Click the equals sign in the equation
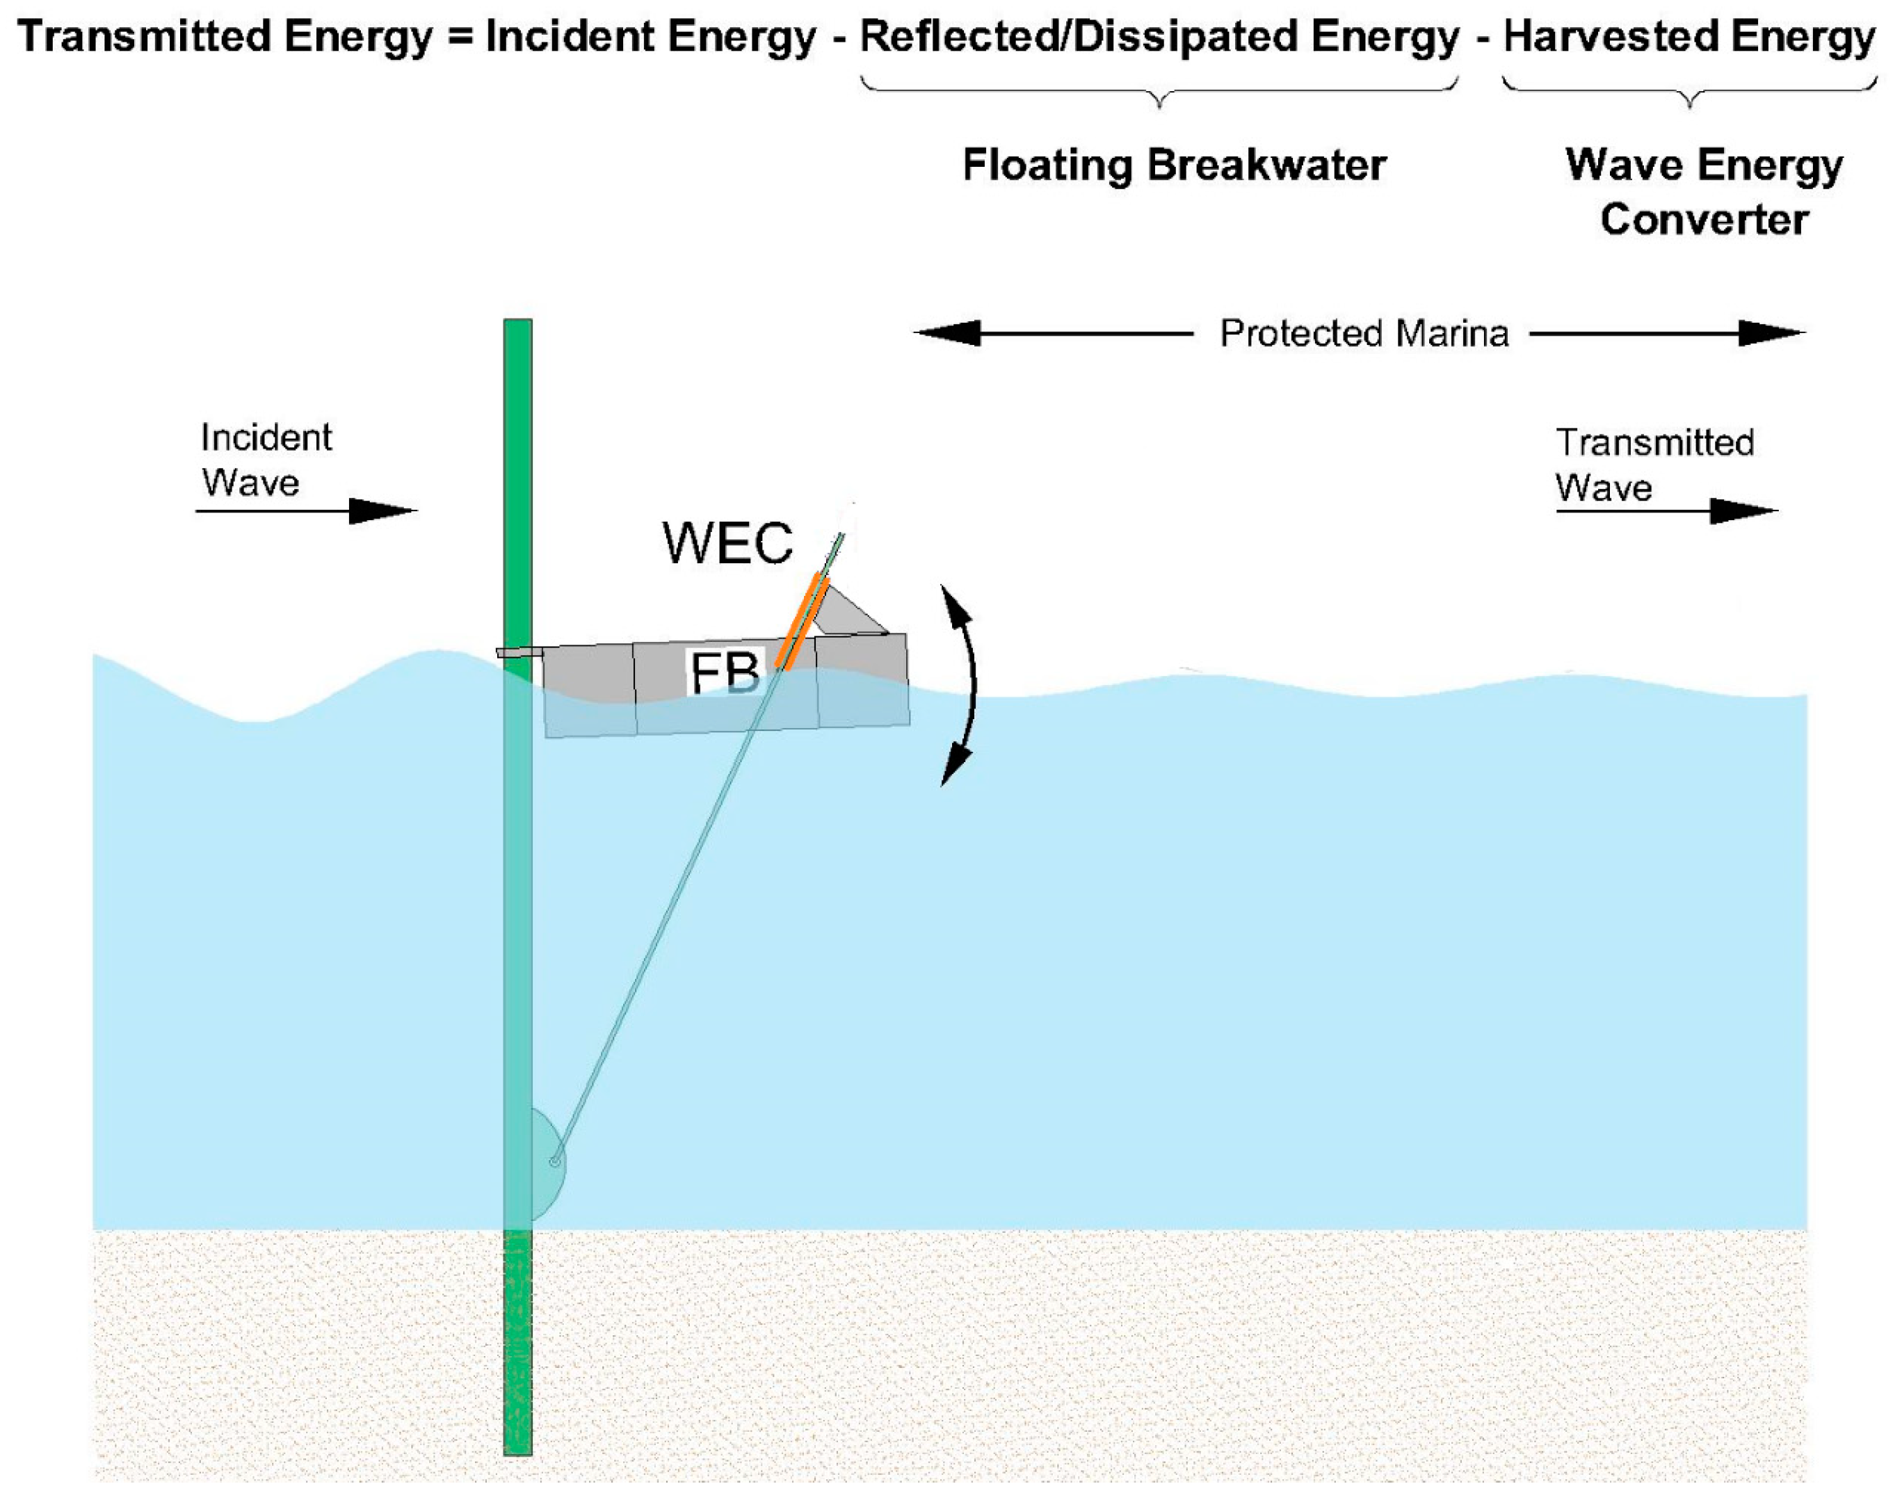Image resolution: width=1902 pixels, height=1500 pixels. point(460,37)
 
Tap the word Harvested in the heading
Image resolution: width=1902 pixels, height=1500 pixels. point(1611,37)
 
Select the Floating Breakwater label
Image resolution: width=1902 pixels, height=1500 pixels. point(1174,165)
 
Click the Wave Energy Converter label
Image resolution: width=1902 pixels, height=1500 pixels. point(1704,191)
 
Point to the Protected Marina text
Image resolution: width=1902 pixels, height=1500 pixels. point(1364,334)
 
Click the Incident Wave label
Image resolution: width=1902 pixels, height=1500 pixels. point(265,459)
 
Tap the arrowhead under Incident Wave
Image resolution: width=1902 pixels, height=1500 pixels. point(384,510)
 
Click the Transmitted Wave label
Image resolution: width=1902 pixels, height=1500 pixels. point(1654,465)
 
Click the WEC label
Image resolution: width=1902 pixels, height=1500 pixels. point(727,542)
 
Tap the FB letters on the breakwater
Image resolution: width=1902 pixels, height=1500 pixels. point(725,674)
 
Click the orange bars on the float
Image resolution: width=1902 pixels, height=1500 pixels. point(802,622)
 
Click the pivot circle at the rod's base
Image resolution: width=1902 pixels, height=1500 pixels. point(554,1162)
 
